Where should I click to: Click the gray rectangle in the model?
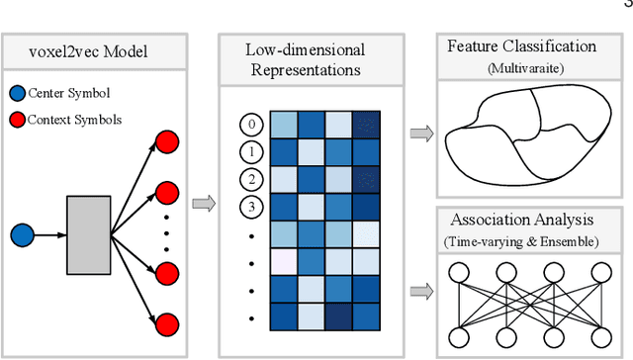(x=89, y=235)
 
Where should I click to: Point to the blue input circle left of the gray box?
(x=22, y=235)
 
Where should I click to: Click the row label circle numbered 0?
(x=251, y=125)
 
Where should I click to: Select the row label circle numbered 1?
(x=251, y=152)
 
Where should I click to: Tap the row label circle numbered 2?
(x=251, y=180)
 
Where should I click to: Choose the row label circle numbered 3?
(x=251, y=208)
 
